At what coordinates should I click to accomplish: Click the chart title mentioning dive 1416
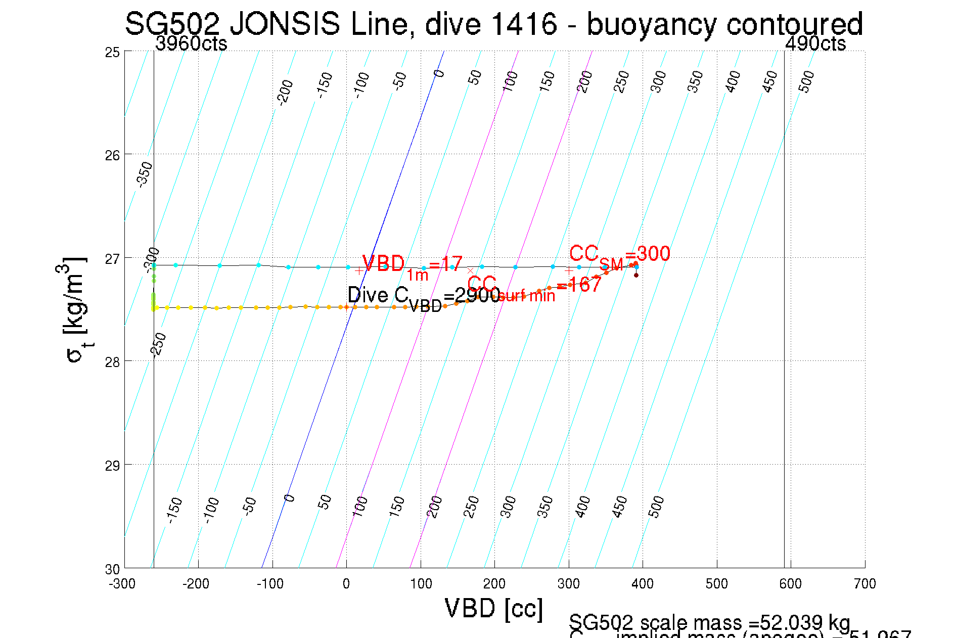493,24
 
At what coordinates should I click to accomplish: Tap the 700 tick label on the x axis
864,584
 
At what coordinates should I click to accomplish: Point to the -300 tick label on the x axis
122,584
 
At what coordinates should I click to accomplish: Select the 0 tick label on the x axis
346,584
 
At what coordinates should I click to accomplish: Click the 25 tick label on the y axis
112,52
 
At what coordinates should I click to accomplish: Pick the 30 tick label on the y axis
112,569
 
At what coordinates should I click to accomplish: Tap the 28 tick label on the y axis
112,362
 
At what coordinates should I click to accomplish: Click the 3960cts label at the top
191,44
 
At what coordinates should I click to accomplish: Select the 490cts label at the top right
815,44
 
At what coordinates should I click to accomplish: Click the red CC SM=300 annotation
619,255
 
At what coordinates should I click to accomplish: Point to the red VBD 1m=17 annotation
412,265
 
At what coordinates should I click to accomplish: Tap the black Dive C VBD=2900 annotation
424,297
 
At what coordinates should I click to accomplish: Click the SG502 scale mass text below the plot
709,622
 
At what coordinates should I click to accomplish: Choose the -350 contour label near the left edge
145,174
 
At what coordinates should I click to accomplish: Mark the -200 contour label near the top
286,92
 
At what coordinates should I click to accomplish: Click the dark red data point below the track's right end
636,275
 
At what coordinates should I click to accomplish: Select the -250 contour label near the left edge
159,345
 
